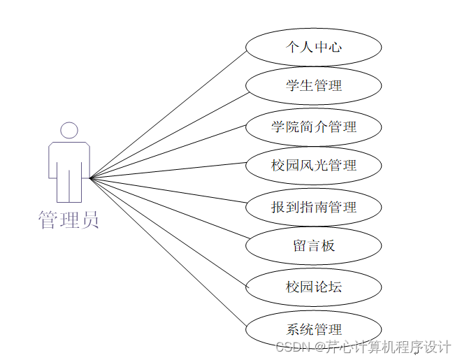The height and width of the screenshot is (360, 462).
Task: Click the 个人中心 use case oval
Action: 313,48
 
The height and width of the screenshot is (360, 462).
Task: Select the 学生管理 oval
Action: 313,86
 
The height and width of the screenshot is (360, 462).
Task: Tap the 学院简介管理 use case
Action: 313,127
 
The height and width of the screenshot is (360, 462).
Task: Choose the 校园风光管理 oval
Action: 313,166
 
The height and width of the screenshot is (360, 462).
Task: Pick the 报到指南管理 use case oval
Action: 313,207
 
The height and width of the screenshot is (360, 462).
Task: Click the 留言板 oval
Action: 313,245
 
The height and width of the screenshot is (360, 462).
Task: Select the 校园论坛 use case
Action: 313,286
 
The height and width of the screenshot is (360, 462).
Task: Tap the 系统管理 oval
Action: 313,329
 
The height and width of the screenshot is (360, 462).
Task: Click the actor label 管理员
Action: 68,219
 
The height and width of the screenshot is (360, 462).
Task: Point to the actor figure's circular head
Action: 68,131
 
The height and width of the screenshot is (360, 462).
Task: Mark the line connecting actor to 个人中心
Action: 168,113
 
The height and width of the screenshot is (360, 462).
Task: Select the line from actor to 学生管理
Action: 168,134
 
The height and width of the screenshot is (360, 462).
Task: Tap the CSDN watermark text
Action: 363,347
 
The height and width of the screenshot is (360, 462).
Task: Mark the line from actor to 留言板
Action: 168,211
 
